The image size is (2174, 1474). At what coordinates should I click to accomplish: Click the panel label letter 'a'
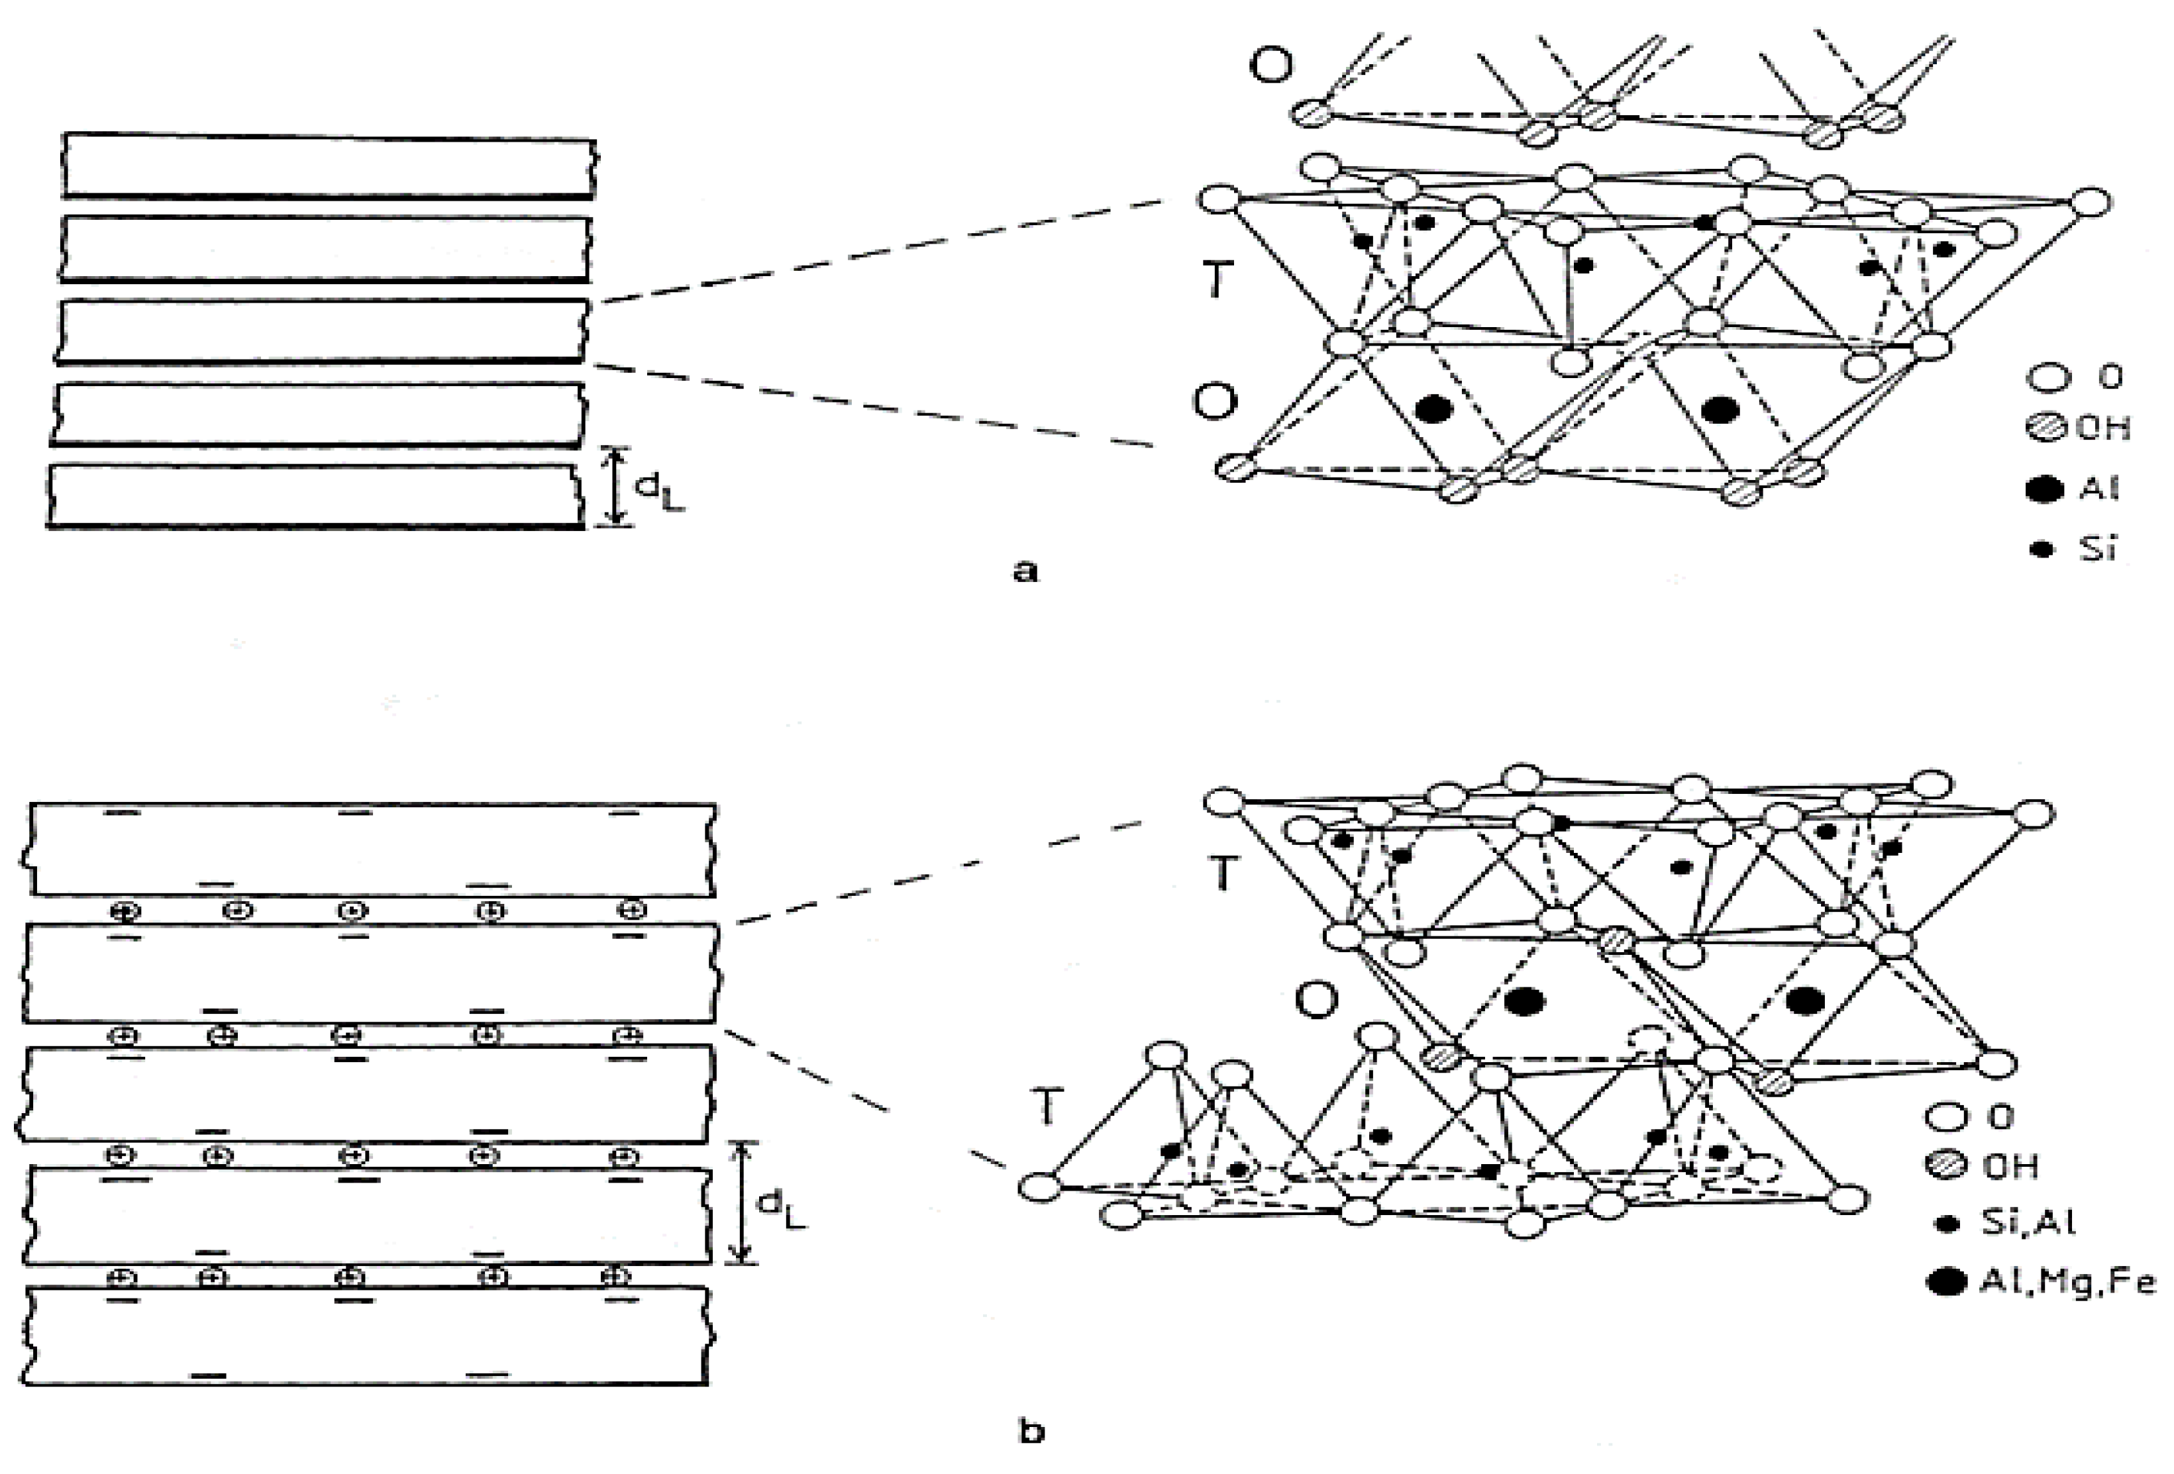pos(1025,571)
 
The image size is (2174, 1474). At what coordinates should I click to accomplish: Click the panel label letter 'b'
pos(1030,1432)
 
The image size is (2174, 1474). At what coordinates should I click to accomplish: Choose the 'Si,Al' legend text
pos(2027,1223)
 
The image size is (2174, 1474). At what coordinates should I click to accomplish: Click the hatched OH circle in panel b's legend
pos(1943,1167)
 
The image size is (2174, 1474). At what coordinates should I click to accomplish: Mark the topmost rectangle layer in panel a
pos(327,166)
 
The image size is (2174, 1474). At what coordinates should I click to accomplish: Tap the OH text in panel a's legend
pos(2103,428)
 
